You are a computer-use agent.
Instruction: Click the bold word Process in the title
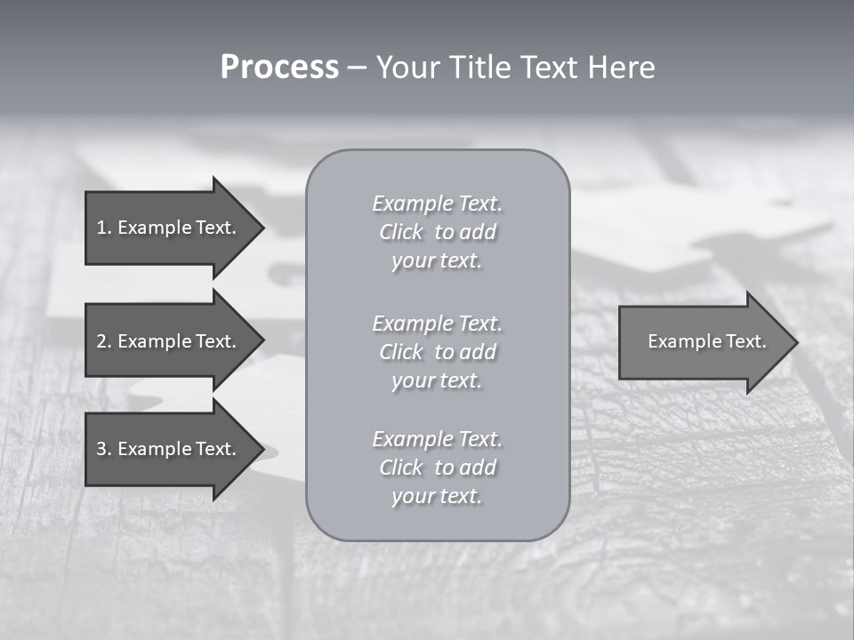click(279, 68)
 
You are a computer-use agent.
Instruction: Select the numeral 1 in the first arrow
click(101, 228)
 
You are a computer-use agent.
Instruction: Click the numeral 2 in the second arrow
click(101, 341)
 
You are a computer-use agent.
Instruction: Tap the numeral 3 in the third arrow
click(101, 449)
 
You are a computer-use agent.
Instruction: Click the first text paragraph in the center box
click(437, 232)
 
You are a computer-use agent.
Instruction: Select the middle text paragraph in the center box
click(437, 352)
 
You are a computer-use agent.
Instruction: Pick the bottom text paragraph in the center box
click(437, 468)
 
